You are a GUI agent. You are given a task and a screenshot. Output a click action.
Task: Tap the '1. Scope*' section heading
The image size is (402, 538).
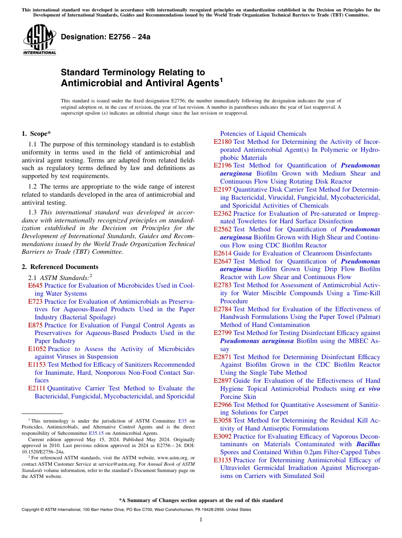pos(36,134)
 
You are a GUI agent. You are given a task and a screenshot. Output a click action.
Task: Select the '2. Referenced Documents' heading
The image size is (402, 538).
pos(60,267)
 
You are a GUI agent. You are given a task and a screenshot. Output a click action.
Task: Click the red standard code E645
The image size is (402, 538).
pos(35,286)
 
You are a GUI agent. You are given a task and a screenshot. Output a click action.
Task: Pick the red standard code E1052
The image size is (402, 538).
pos(37,349)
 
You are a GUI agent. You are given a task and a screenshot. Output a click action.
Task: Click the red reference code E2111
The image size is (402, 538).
pos(37,388)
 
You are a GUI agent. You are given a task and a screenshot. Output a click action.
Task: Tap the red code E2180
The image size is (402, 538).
pos(223,142)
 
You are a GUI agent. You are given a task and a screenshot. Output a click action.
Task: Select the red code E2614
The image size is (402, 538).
pos(223,253)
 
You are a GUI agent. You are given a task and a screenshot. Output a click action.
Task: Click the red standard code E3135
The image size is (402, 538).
pos(223,460)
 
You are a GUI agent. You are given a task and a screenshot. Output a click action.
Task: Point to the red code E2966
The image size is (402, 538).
pos(223,405)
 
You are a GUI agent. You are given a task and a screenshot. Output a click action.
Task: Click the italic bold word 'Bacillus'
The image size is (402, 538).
pos(368,445)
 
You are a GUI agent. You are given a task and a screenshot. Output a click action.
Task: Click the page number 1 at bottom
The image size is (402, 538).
pos(201,520)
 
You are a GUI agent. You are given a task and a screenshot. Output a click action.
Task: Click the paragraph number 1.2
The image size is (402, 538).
pos(33,187)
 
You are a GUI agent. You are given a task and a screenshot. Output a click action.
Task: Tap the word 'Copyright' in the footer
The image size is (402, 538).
pos(31,510)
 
